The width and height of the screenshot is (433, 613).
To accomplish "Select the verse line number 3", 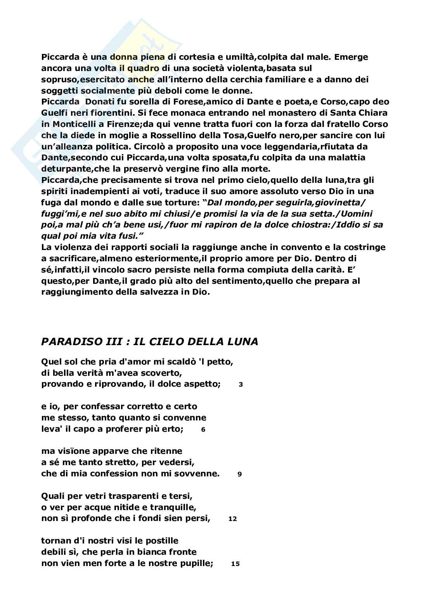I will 241,385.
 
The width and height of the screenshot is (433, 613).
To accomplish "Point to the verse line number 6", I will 203,429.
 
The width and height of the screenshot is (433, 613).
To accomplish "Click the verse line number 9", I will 239,474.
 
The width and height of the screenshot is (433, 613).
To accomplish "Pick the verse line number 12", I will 232,519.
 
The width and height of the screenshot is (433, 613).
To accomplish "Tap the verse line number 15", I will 235,564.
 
